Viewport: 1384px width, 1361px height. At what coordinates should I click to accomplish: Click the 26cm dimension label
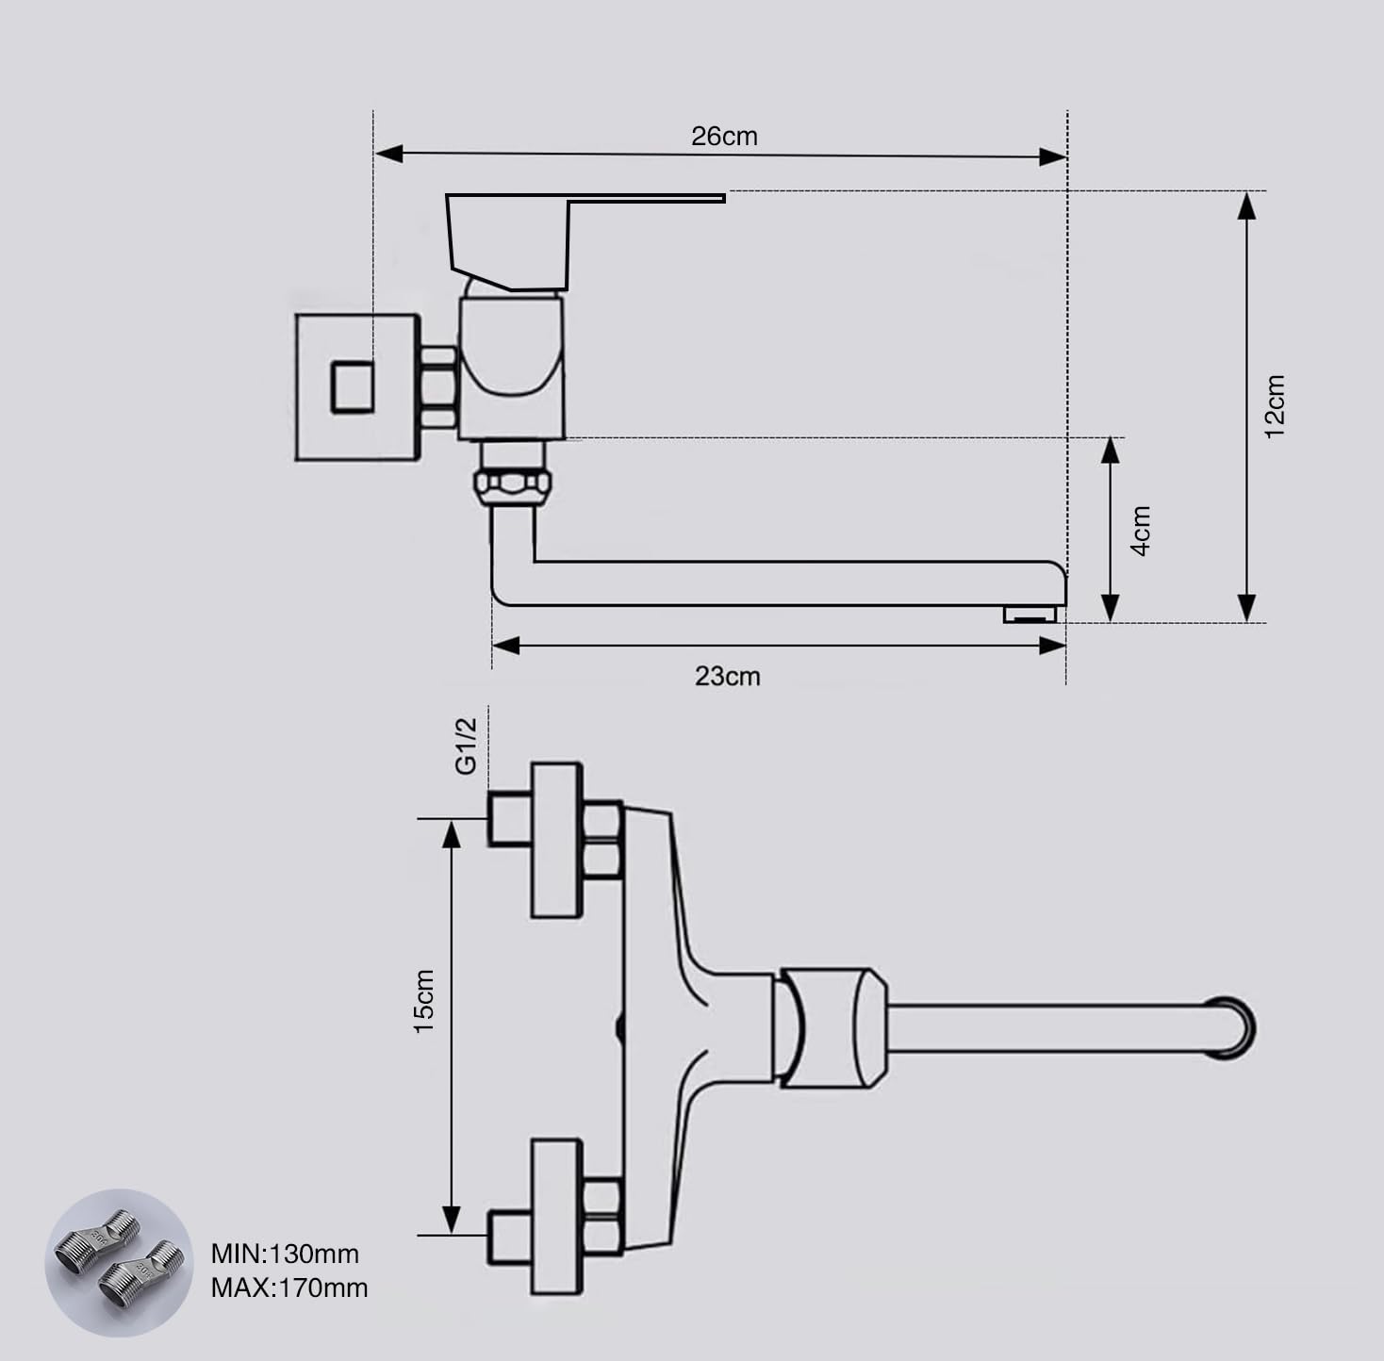724,137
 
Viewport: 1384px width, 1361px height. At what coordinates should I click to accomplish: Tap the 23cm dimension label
728,676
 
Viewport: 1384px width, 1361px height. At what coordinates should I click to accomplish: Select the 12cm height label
1274,406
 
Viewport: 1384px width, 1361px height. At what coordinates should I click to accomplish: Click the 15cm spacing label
423,1001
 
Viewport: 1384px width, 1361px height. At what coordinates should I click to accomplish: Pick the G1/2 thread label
466,746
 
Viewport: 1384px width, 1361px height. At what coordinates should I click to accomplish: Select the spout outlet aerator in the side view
1030,615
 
